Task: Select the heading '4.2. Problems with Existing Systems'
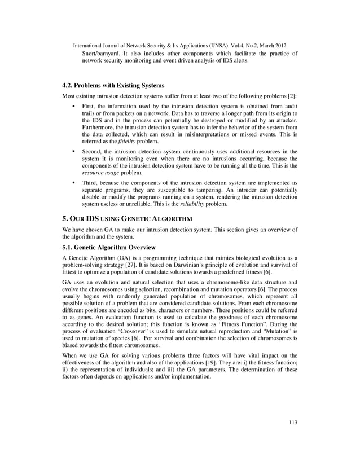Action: pos(113,86)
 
